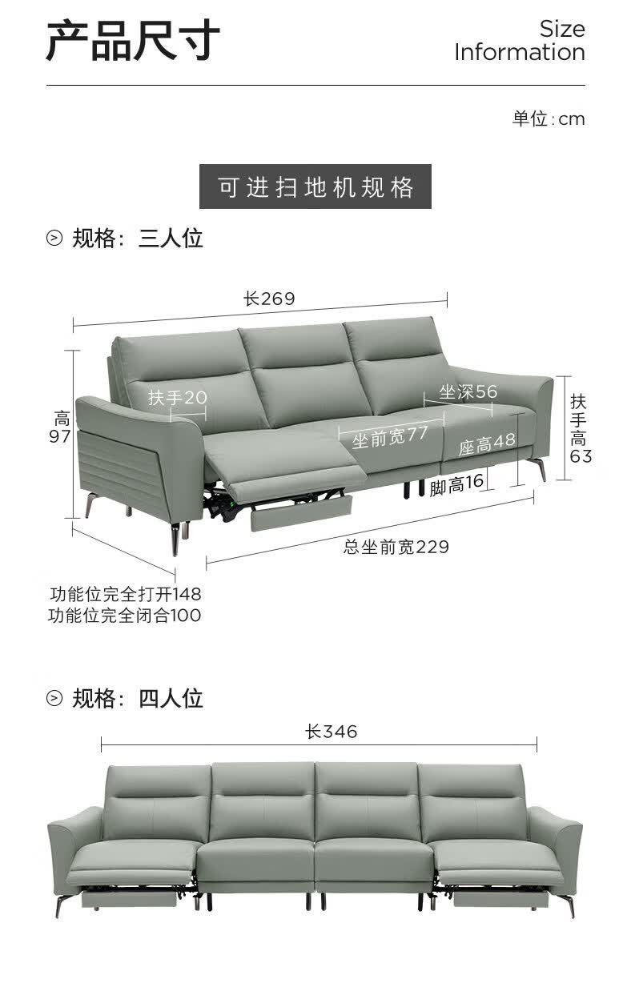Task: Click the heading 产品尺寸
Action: (133, 40)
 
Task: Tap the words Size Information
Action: (520, 41)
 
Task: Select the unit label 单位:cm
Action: (549, 118)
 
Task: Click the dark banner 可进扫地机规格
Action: (315, 187)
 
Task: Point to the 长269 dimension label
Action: (269, 299)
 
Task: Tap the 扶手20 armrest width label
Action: (178, 398)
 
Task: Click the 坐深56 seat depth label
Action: (468, 391)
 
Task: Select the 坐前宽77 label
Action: (390, 437)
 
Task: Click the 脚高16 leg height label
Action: (456, 484)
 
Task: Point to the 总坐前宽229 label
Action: (396, 548)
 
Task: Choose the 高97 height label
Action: (60, 427)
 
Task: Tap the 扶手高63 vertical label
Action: (580, 429)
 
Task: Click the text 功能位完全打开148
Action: (125, 594)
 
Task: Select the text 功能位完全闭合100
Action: (124, 616)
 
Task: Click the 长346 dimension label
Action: (331, 732)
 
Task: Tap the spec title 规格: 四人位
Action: (138, 698)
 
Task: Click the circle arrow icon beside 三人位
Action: (54, 239)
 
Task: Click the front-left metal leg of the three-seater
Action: (175, 539)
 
